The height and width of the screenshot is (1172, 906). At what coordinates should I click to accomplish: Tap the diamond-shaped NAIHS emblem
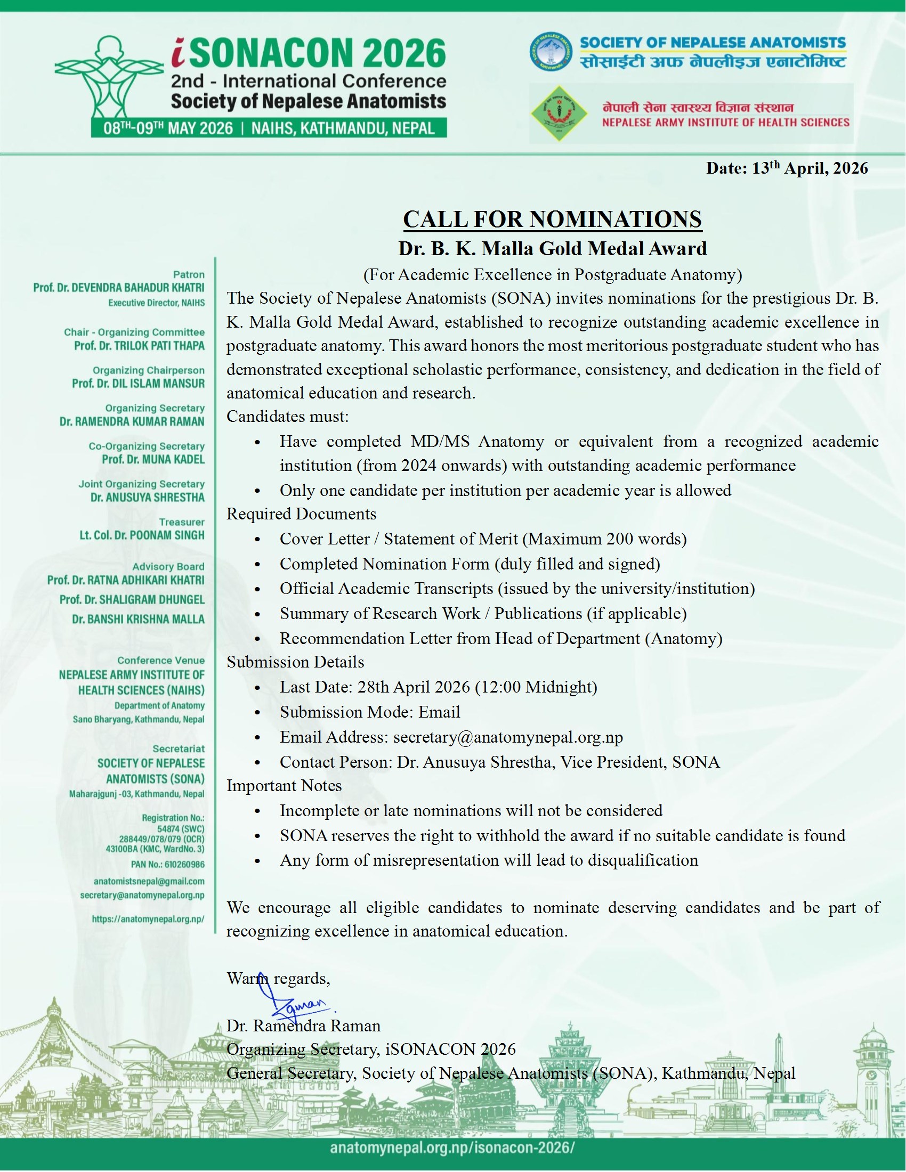[x=559, y=113]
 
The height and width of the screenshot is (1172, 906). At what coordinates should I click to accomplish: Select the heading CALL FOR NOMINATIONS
[x=552, y=219]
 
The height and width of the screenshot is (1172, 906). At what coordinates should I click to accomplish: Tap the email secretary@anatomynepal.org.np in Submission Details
[x=508, y=737]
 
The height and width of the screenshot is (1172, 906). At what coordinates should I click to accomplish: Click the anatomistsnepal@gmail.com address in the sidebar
[x=149, y=881]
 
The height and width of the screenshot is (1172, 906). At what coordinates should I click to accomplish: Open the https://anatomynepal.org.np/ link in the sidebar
[x=148, y=919]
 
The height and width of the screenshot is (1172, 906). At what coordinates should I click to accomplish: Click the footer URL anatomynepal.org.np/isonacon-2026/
[x=452, y=1147]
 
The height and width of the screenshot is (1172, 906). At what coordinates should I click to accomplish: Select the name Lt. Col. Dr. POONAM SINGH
[x=142, y=535]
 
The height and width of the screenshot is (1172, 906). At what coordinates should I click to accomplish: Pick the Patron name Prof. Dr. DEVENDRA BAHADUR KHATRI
[x=119, y=288]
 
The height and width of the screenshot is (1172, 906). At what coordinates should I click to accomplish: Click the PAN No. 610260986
[x=167, y=865]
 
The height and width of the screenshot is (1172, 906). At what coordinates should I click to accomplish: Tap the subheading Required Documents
[x=301, y=514]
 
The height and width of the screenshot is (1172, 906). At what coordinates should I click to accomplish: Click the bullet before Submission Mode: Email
[x=257, y=713]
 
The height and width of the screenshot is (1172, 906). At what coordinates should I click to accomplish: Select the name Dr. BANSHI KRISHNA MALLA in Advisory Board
[x=138, y=619]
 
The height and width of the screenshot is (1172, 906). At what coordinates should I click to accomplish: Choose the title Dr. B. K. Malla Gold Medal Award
[x=552, y=248]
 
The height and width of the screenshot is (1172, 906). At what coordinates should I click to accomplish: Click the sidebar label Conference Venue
[x=161, y=660]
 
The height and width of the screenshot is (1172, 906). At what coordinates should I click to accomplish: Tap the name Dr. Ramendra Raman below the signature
[x=303, y=1026]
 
